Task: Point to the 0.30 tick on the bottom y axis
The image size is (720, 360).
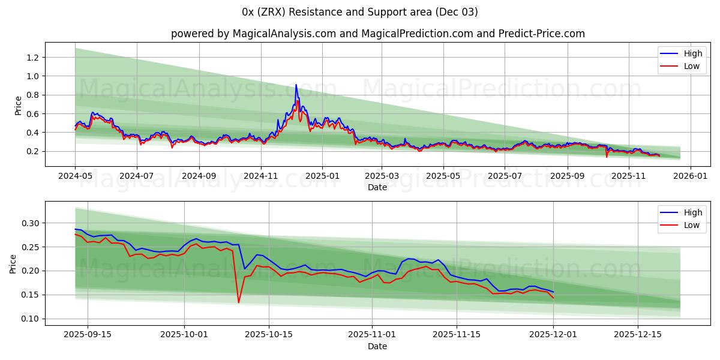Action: (x=29, y=223)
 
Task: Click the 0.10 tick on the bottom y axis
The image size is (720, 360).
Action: (x=29, y=319)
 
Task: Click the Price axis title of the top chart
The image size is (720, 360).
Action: (x=18, y=106)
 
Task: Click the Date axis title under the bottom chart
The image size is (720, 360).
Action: (x=377, y=346)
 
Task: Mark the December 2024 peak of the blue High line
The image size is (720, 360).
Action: (x=296, y=85)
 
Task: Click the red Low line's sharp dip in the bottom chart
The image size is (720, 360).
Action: (x=238, y=302)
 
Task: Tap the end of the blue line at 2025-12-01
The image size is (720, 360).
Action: (x=553, y=292)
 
